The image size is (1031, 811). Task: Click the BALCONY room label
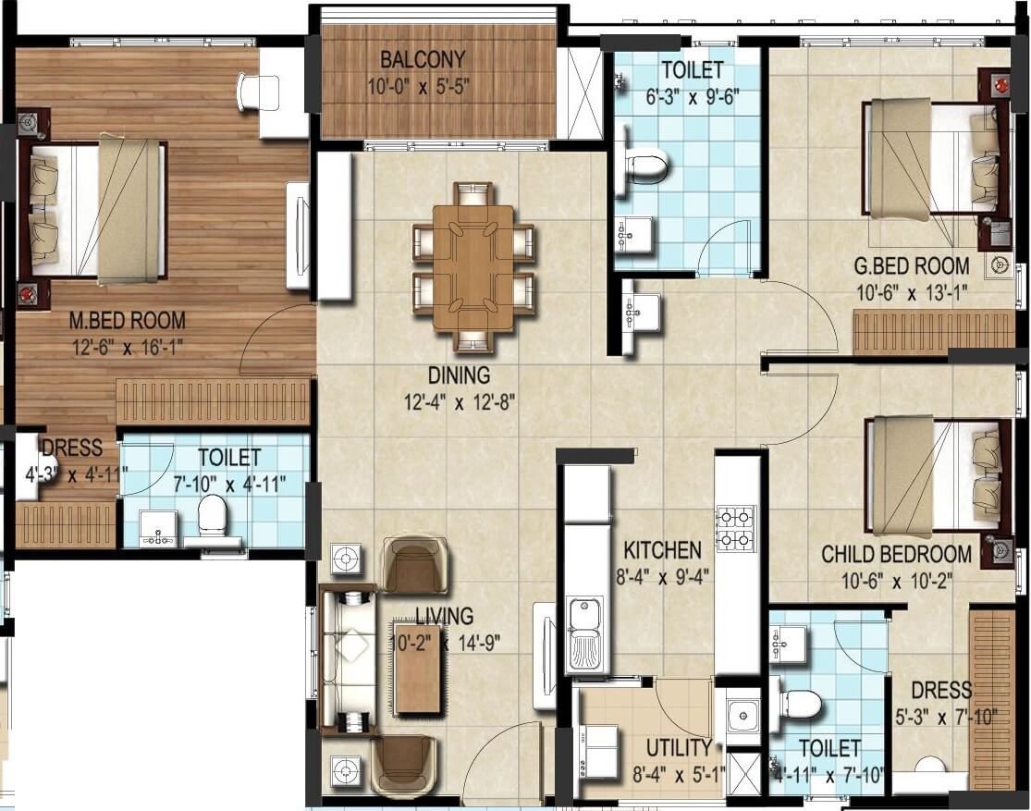(423, 60)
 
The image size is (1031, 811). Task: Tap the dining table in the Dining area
(473, 267)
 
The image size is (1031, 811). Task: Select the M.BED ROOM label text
(128, 321)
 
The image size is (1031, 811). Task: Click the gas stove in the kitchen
(736, 528)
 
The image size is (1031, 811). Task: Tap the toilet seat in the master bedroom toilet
(213, 514)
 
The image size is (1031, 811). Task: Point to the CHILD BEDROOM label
(896, 554)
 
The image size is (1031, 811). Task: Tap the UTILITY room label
(678, 747)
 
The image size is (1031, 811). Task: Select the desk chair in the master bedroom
(250, 92)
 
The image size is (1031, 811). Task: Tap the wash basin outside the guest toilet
(640, 313)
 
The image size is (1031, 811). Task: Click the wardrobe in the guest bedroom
(933, 332)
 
